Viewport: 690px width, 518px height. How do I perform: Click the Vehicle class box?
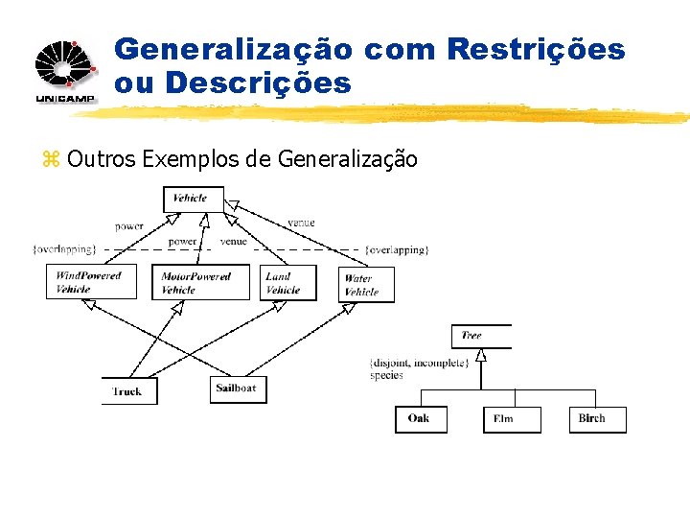pyautogui.click(x=193, y=199)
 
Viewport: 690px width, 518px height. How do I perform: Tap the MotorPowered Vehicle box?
pyautogui.click(x=199, y=282)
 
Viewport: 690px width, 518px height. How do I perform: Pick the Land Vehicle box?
pyautogui.click(x=287, y=282)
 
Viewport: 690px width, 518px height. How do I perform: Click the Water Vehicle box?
pyautogui.click(x=365, y=285)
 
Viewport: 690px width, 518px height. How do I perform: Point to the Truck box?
pyautogui.click(x=128, y=391)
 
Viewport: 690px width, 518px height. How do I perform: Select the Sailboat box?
pyautogui.click(x=238, y=389)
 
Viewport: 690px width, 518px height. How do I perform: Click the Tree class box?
pyautogui.click(x=479, y=336)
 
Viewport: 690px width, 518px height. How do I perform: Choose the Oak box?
pyautogui.click(x=420, y=419)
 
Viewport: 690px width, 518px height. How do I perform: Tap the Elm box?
pyautogui.click(x=511, y=419)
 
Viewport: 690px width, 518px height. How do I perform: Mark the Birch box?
pyautogui.click(x=597, y=419)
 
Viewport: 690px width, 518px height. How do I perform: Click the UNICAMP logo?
pyautogui.click(x=66, y=71)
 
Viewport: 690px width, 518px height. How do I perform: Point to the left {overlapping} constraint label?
pyautogui.click(x=65, y=249)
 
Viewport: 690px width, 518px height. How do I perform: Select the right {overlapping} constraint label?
pyautogui.click(x=396, y=249)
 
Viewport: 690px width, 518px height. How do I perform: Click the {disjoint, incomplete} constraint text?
pyautogui.click(x=419, y=363)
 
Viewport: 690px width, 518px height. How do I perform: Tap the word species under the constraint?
pyautogui.click(x=386, y=375)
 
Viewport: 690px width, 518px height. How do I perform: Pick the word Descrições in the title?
pyautogui.click(x=258, y=83)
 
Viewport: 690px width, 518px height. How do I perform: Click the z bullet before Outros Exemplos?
pyautogui.click(x=50, y=159)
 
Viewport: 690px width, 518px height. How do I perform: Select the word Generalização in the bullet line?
pyautogui.click(x=347, y=158)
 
